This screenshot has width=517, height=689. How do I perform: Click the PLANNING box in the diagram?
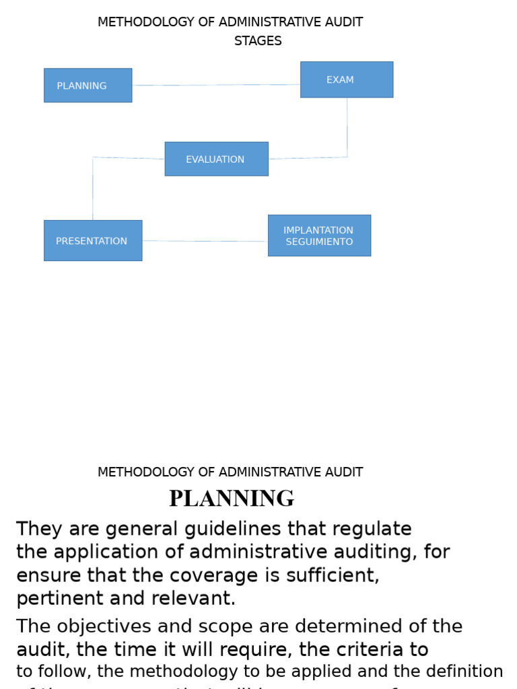tap(88, 85)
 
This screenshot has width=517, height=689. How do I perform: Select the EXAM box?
tap(347, 79)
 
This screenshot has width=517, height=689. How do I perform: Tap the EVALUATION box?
tap(216, 159)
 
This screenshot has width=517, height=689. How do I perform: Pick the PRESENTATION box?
tap(93, 240)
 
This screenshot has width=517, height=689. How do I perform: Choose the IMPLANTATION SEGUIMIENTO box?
tap(319, 235)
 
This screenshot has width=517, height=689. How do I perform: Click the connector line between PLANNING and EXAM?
tap(215, 85)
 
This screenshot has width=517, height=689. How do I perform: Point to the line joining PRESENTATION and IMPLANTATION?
tap(205, 241)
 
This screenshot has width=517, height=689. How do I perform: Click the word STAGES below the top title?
tap(258, 41)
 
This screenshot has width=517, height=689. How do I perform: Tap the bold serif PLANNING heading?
tap(232, 499)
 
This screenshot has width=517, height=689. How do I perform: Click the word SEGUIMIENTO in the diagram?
tap(319, 242)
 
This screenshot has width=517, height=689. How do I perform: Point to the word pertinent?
tap(59, 598)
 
